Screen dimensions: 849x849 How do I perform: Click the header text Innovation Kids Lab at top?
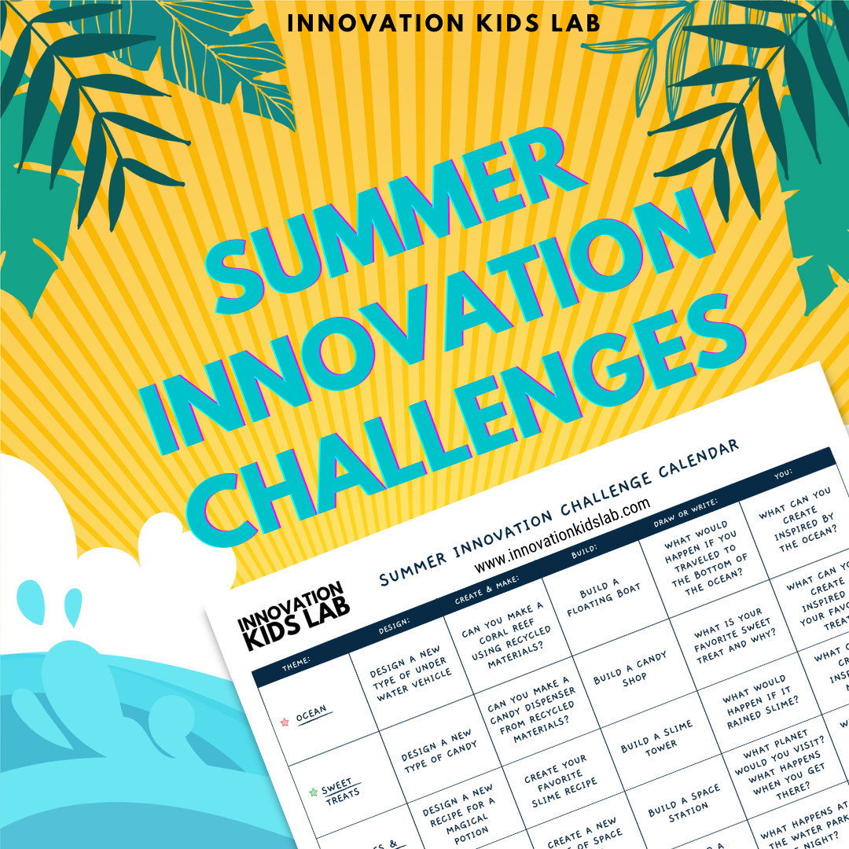point(444,23)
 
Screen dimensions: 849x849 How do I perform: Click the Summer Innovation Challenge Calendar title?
point(559,512)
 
